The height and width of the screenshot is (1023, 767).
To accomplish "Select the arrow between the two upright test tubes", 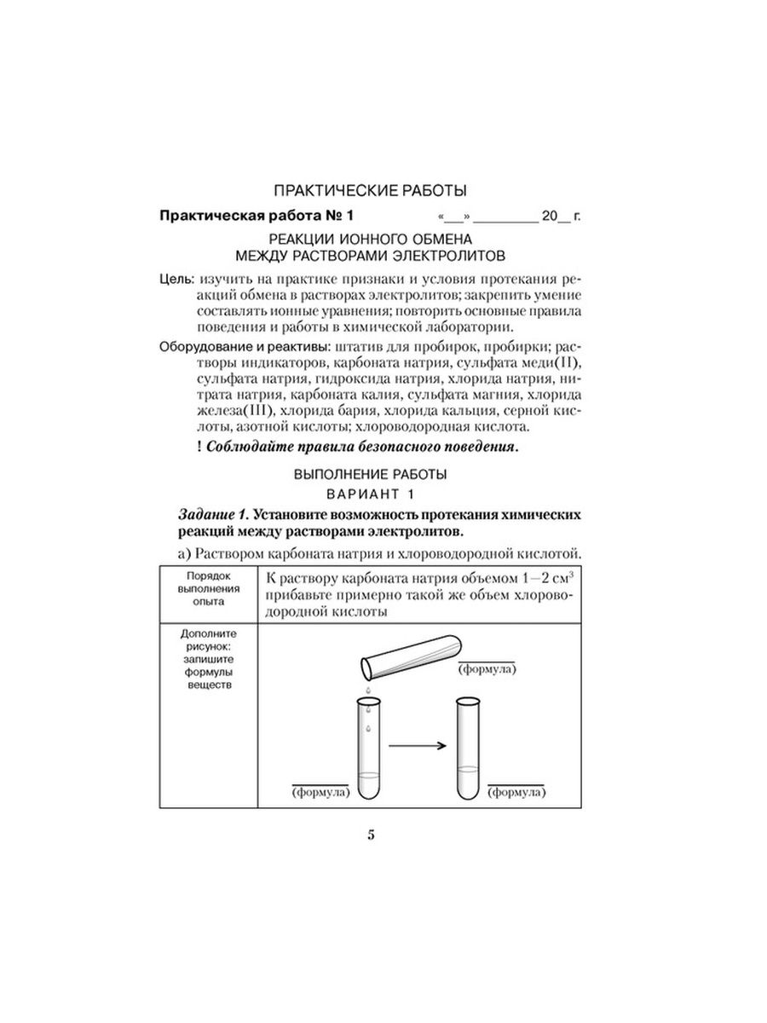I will click(x=418, y=745).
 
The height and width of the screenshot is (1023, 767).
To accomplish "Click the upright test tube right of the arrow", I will click(x=466, y=747).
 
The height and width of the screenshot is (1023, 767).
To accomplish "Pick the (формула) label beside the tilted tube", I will click(x=487, y=669).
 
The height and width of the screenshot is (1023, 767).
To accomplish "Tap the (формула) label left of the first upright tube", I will click(x=321, y=792).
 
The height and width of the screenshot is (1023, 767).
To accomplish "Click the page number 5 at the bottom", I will click(x=372, y=835).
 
